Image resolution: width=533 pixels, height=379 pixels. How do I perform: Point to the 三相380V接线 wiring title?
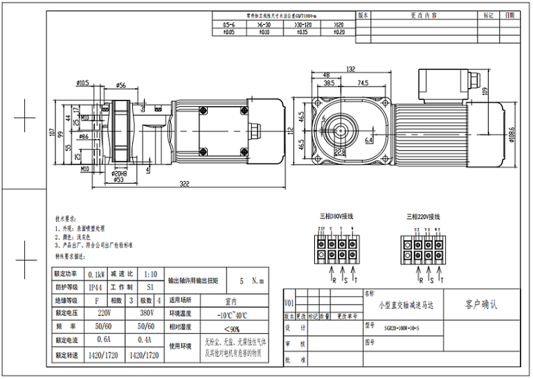336,217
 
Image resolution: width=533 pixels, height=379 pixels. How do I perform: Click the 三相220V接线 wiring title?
424,217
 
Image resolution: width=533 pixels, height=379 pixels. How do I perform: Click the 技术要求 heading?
64,217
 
